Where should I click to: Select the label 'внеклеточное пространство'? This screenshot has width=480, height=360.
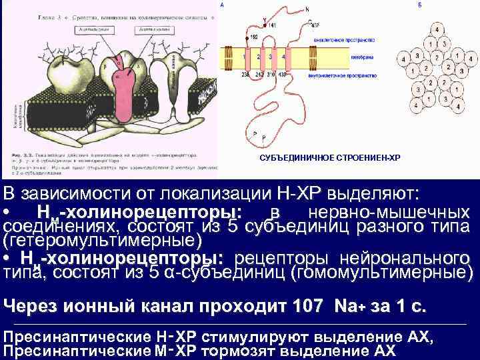(x=340, y=40)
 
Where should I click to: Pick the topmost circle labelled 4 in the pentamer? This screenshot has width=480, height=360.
(x=437, y=31)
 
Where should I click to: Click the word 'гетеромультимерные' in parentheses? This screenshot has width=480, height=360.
(x=101, y=239)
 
